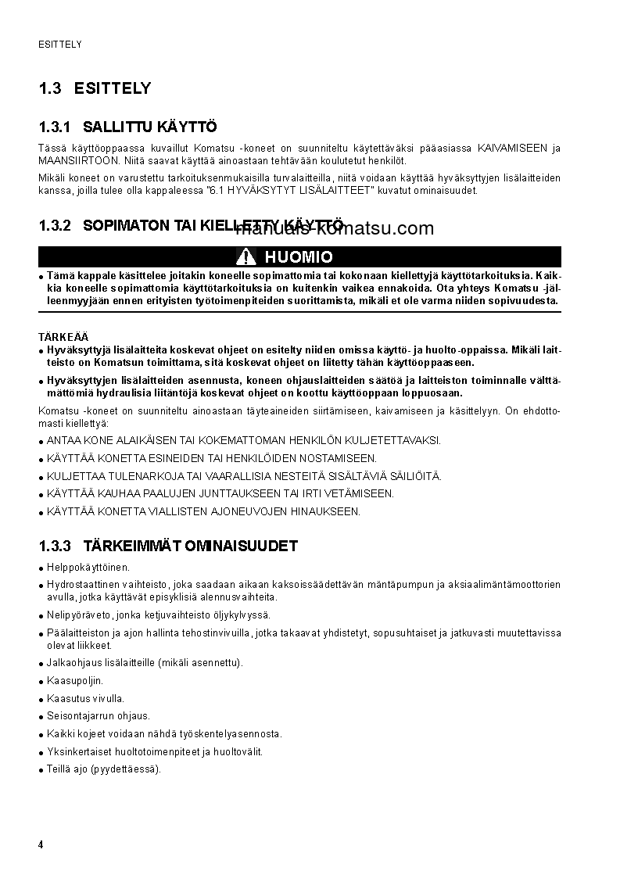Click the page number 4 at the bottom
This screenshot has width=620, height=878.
(41, 844)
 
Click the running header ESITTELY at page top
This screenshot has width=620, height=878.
(60, 45)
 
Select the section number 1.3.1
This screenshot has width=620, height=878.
(55, 127)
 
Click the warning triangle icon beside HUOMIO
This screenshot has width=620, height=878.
(247, 256)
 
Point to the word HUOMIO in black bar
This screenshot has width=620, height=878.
(299, 257)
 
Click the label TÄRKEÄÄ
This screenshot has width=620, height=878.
(59, 337)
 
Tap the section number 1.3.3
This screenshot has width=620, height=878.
(55, 546)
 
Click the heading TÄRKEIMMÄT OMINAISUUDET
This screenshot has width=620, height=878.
(190, 546)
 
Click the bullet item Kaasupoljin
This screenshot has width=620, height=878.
(75, 681)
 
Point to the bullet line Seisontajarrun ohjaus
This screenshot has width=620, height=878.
(99, 716)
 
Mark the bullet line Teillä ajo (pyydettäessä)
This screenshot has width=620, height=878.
(103, 769)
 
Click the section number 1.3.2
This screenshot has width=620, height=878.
(55, 226)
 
